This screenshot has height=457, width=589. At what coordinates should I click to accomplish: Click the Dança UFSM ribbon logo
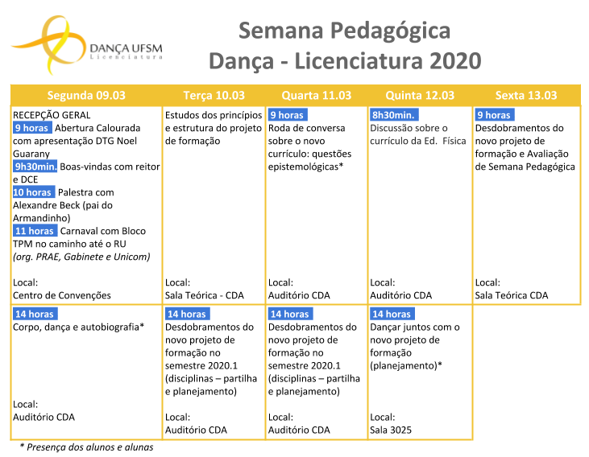(48, 44)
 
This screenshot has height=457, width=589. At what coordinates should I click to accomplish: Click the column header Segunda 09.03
(86, 95)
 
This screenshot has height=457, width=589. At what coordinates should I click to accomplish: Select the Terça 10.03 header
(214, 95)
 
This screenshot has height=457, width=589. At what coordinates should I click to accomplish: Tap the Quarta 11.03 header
(317, 95)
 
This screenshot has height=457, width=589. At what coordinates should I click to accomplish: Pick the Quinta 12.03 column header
(420, 95)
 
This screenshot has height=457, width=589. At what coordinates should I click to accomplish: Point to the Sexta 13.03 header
(526, 95)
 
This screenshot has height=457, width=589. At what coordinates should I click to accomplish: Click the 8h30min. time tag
(394, 115)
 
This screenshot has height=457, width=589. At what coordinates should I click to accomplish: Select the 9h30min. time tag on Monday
(35, 167)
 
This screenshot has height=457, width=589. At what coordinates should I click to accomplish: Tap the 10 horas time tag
(34, 192)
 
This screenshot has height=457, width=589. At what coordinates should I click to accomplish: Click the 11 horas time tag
(35, 231)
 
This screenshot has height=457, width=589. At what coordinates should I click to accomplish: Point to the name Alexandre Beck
(46, 205)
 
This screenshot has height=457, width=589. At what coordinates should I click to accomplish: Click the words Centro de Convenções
(62, 295)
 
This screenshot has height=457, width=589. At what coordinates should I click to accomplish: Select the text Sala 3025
(391, 430)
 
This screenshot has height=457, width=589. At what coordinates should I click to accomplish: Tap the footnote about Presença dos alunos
(87, 447)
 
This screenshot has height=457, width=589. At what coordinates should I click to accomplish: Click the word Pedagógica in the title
(390, 31)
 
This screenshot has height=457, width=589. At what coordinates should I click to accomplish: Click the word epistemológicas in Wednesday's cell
(303, 167)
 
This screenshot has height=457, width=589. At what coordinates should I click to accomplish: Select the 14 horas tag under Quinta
(392, 314)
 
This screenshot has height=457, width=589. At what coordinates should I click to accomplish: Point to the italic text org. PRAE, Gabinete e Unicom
(81, 257)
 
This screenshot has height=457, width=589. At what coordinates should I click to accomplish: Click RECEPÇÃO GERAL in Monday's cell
(52, 115)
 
